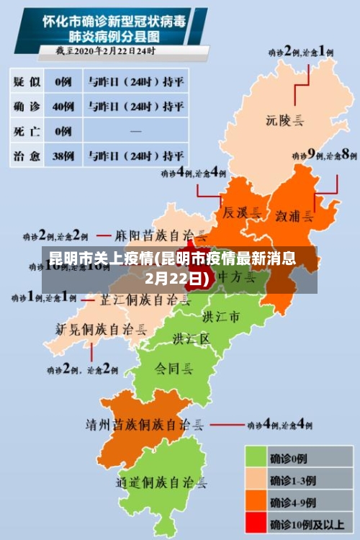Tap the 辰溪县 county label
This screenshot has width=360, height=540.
tap(237, 213)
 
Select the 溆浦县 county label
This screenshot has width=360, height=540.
tap(294, 215)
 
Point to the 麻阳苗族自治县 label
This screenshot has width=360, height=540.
tap(161, 235)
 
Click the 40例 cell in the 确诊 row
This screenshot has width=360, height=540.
tap(64, 107)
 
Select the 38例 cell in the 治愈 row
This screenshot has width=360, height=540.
tap(64, 155)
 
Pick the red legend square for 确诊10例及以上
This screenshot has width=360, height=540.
tap(256, 523)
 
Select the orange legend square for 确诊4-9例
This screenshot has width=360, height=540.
tap(256, 501)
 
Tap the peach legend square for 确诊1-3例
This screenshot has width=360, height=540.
tap(256, 479)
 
